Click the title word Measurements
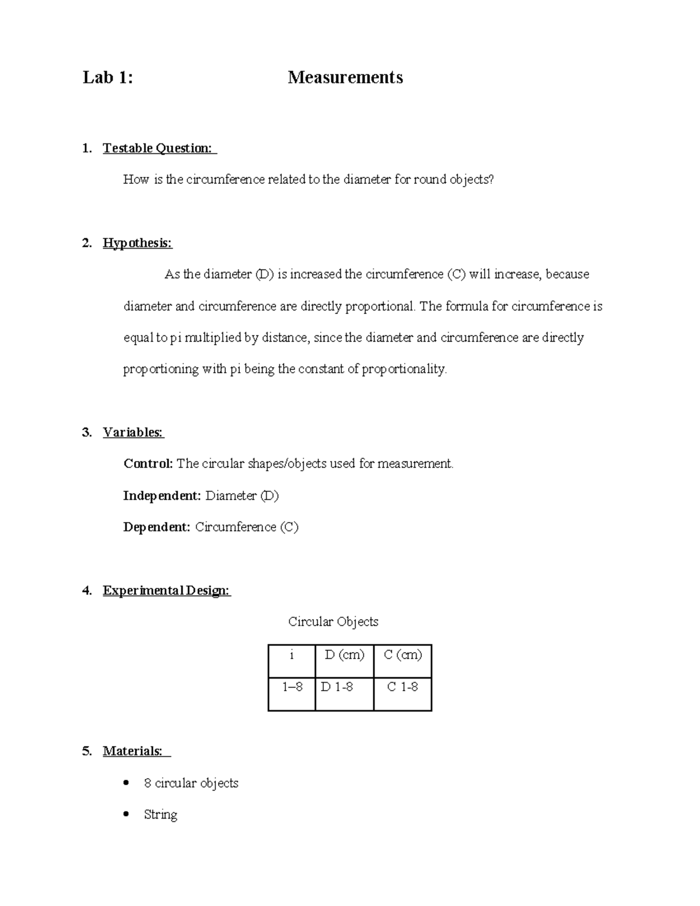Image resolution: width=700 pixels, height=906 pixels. pos(345,78)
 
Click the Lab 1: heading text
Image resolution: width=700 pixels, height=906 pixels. pos(108,78)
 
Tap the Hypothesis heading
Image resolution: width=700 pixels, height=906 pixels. pos(137,243)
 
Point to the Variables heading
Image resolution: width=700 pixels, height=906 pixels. pos(133,432)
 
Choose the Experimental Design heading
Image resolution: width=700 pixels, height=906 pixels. pos(166,590)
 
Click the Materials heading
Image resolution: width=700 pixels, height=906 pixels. pos(133,751)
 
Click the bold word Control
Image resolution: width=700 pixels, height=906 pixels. pos(148,464)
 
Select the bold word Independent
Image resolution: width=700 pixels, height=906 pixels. pos(162,496)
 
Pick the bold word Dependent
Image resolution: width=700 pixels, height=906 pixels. pos(156,527)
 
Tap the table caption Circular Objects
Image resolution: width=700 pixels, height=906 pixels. pos(333,622)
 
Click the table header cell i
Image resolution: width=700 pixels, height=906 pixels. pos(292,655)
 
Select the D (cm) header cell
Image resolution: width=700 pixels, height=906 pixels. pos(344,655)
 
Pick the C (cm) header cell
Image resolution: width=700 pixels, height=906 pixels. pos(402,655)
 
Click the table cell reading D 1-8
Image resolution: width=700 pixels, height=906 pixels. pos(337,687)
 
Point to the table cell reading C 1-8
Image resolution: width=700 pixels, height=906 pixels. pos(402,687)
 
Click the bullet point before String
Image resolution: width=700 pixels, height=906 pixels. pos(126,814)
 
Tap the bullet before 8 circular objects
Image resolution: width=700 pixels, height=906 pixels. pos(126,783)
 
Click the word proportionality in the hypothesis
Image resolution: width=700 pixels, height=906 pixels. pos(404,369)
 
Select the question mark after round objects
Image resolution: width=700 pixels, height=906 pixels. pos(491,180)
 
